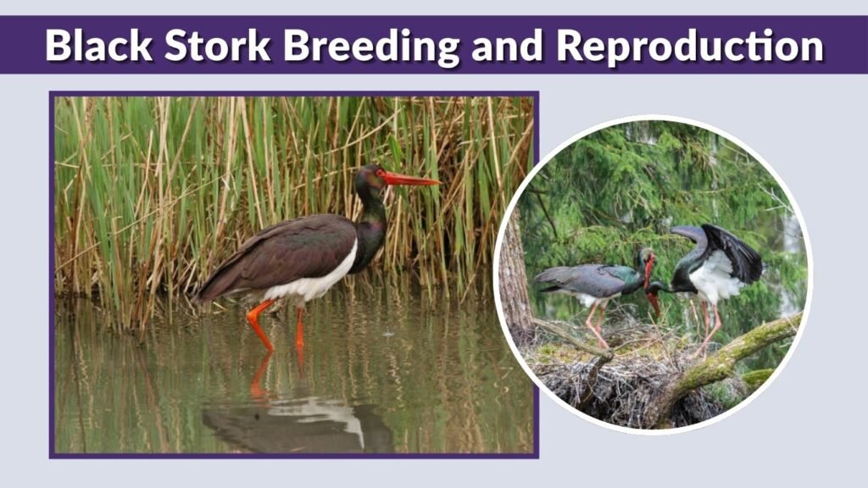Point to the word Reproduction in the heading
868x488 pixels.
tap(690, 46)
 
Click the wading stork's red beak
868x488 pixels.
tap(411, 180)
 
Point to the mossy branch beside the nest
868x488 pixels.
tap(729, 356)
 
